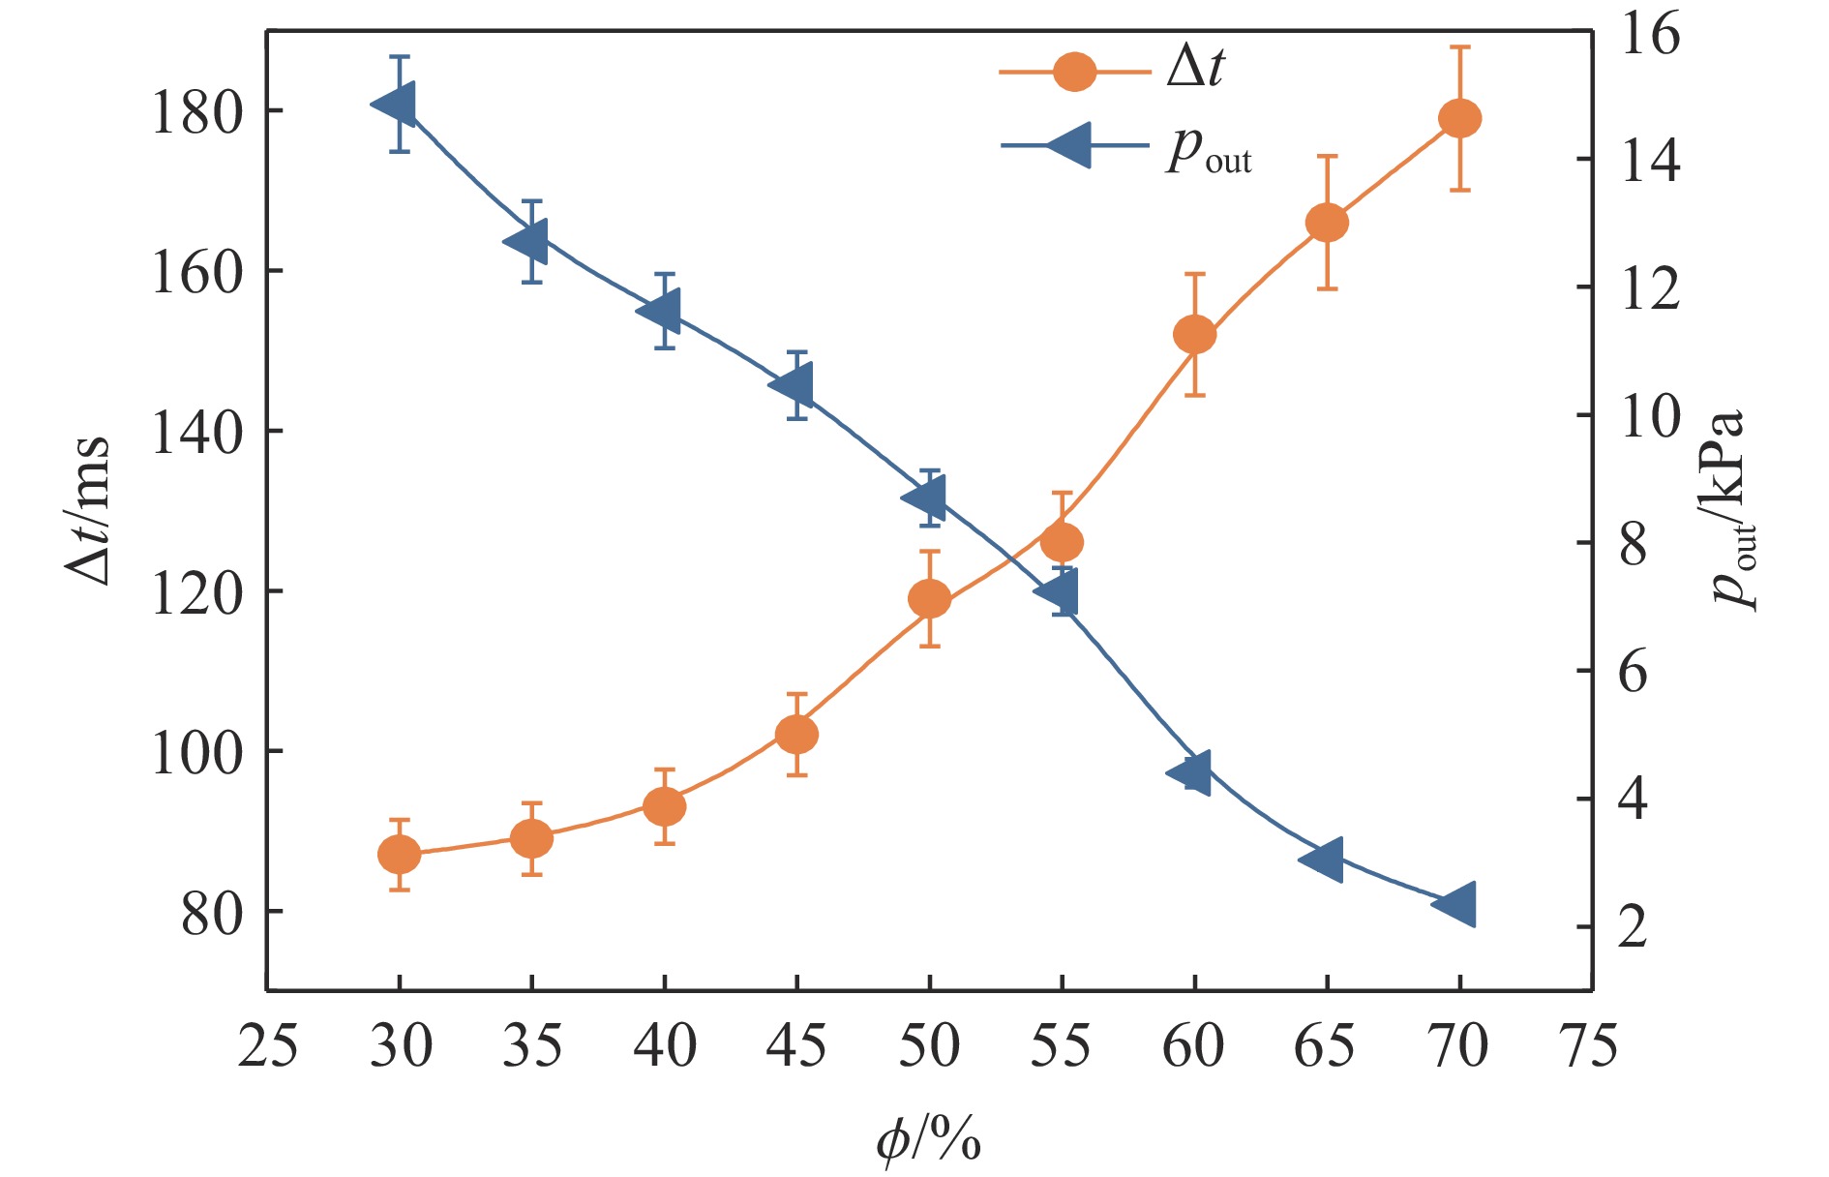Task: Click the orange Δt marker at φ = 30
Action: [399, 855]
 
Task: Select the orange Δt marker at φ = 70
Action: [1459, 118]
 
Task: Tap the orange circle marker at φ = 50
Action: [929, 599]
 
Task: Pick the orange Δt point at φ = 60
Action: [1194, 335]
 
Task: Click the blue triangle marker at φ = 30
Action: [396, 104]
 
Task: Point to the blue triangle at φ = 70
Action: [1454, 904]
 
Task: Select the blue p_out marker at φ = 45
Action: [793, 385]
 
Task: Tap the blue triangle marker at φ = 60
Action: [1190, 772]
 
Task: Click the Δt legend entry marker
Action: [1074, 71]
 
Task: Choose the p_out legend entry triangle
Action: [1071, 145]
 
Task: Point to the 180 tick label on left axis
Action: [195, 113]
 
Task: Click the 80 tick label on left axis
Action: [211, 914]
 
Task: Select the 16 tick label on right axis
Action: [1650, 36]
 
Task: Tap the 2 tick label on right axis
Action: [1633, 926]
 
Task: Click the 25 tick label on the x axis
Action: [267, 1047]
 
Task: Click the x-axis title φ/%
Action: [928, 1138]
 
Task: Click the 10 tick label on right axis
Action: [1650, 416]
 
